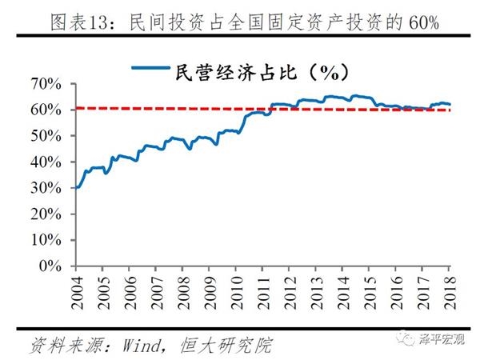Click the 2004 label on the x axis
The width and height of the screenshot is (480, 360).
[77, 290]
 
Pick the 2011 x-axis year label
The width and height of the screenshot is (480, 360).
[263, 290]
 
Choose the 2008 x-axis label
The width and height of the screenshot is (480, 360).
[183, 290]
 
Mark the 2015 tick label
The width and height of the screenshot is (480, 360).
[370, 290]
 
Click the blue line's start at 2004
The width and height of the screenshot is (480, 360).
[75, 187]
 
